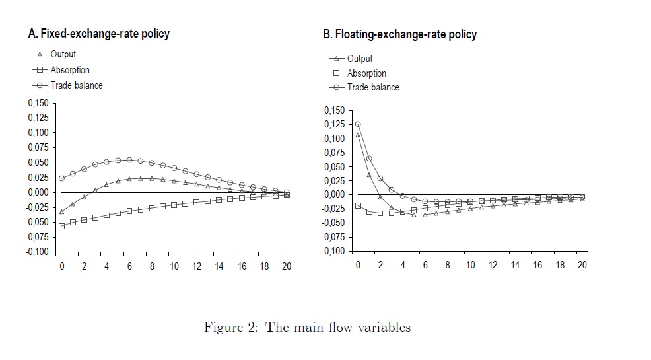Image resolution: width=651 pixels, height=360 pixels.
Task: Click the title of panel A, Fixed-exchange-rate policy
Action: click(x=98, y=34)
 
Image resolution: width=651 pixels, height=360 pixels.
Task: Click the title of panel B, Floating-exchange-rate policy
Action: click(x=399, y=34)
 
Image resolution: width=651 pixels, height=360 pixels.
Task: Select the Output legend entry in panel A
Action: click(x=63, y=55)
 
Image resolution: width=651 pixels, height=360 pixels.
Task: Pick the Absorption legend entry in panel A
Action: click(x=70, y=70)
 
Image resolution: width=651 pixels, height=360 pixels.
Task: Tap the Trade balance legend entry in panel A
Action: click(x=77, y=85)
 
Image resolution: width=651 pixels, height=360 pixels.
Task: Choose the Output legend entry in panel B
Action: click(x=359, y=59)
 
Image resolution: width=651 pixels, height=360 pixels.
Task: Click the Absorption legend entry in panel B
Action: click(x=366, y=73)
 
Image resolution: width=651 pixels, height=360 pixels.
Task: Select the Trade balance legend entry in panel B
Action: click(x=373, y=87)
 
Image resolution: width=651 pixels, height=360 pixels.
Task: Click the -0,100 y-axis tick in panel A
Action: click(x=37, y=252)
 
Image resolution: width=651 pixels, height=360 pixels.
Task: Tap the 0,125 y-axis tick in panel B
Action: click(x=335, y=124)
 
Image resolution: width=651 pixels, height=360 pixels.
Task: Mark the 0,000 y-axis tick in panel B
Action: click(x=335, y=195)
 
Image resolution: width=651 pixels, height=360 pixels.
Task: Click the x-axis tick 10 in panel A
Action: click(x=174, y=266)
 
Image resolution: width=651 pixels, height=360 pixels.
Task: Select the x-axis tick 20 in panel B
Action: click(x=581, y=265)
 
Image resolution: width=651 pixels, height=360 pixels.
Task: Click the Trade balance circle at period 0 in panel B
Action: click(x=358, y=124)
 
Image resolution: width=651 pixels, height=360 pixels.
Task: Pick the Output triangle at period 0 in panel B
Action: click(x=358, y=135)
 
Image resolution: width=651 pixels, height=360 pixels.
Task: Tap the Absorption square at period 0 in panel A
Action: click(x=61, y=226)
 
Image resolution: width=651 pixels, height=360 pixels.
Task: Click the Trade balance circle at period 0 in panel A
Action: click(x=61, y=178)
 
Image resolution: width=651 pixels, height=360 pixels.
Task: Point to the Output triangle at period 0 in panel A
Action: click(x=61, y=211)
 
